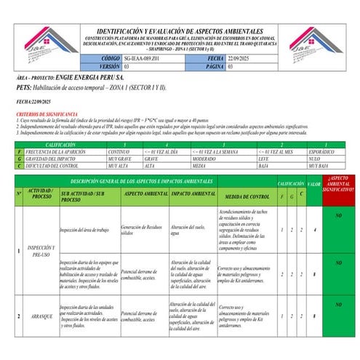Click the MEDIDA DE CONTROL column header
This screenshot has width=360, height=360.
pos(247,197)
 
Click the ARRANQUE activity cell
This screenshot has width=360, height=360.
pos(41,317)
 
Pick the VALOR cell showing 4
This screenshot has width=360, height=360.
pos(313,230)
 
